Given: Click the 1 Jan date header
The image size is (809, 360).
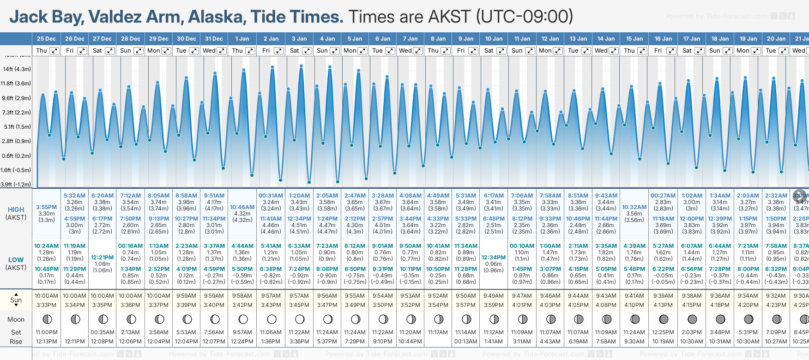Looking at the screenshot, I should click(242, 39).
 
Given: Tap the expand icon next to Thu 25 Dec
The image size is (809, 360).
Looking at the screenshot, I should click(54, 51).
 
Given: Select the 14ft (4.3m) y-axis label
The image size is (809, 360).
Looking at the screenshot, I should click(17, 69).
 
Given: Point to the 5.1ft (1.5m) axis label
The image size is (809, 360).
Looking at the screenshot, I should click(17, 126).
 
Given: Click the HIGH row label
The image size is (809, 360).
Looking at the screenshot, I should click(16, 210).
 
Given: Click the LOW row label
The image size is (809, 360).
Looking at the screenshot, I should click(16, 260).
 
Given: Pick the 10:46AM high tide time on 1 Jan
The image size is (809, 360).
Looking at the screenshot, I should click(242, 207).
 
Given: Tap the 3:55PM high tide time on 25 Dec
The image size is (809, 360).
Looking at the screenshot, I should click(46, 207).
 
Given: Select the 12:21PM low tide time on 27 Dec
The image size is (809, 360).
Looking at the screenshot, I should click(102, 258).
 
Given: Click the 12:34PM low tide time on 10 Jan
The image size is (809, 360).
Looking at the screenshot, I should click(494, 258).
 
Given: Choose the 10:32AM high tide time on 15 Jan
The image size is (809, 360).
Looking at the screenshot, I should click(634, 207).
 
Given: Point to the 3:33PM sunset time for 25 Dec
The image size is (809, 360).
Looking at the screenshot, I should click(46, 305).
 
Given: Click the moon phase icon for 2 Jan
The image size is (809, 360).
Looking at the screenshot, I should click(272, 319).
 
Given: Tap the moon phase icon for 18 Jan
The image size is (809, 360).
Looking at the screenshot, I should click(720, 319).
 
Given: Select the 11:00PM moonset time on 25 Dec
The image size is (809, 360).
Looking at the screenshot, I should click(46, 332).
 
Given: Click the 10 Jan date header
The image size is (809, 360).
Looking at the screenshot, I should click(494, 39).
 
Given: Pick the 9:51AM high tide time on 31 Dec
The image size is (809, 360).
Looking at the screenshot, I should click(214, 196).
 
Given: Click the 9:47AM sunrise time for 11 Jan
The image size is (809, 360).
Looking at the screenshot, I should click(522, 296).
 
